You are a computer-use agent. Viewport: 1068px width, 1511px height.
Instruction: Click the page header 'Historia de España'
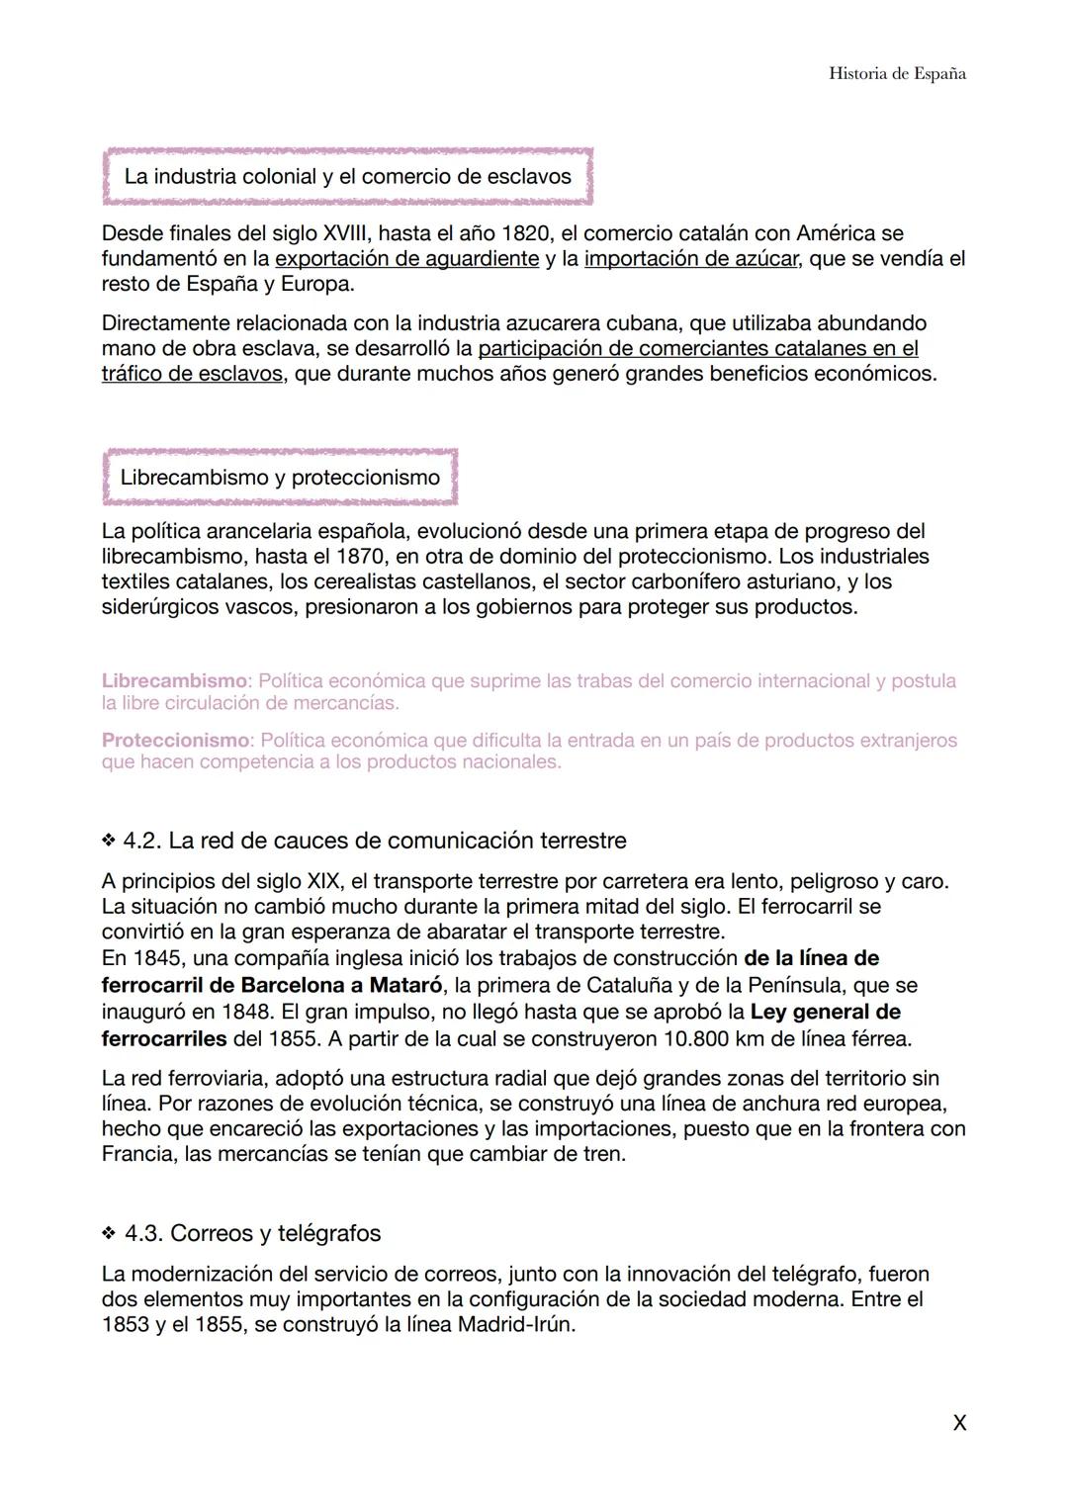click(897, 74)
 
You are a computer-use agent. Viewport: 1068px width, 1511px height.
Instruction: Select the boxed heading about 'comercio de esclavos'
click(347, 177)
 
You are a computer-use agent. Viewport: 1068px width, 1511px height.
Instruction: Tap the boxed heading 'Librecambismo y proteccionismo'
click(280, 478)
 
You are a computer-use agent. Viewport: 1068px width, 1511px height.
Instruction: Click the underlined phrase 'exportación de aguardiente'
click(406, 259)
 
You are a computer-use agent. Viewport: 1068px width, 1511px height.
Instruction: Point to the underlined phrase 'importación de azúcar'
click(691, 259)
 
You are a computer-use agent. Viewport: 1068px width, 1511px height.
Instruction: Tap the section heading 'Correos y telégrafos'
click(275, 1234)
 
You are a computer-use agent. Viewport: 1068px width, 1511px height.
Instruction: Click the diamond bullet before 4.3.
click(108, 1234)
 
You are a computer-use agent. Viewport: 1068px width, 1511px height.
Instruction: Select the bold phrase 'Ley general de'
click(825, 1012)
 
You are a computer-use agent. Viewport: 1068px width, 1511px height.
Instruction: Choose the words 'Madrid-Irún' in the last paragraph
click(514, 1325)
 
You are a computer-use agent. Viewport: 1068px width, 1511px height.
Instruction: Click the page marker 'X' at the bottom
click(958, 1423)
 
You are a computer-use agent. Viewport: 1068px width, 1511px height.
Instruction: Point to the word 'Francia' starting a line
click(138, 1155)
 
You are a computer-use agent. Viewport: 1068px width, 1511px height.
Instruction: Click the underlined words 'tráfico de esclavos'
click(192, 375)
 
